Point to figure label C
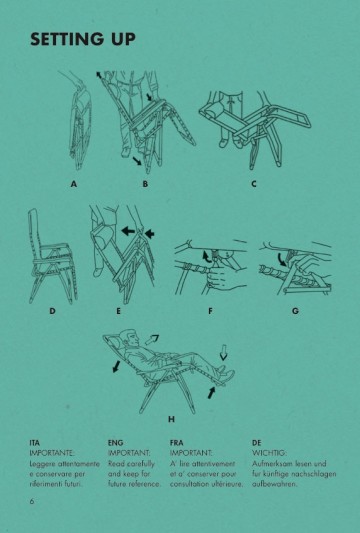(x=254, y=185)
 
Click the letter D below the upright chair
(x=51, y=311)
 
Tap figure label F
(x=210, y=311)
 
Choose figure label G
(x=295, y=311)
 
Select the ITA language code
(x=35, y=440)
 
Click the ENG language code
(x=114, y=440)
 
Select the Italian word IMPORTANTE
(x=53, y=453)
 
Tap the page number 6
(x=32, y=500)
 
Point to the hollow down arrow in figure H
(x=223, y=351)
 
